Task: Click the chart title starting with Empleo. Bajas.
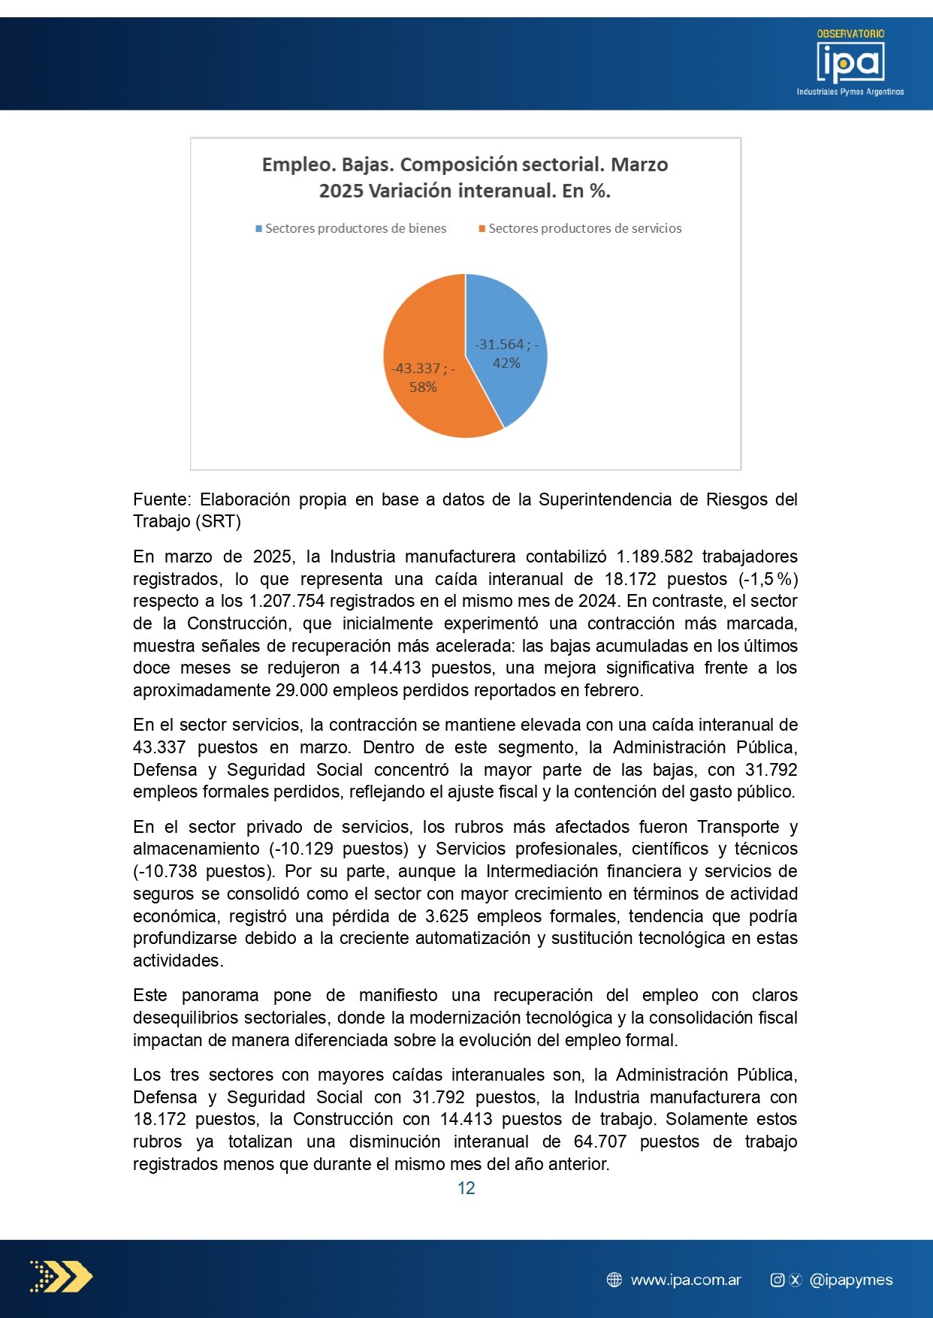coord(465,177)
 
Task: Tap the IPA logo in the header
coord(850,63)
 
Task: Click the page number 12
coord(466,1188)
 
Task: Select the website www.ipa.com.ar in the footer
coord(686,1280)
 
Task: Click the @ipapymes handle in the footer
coord(851,1280)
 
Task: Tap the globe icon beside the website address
coord(614,1280)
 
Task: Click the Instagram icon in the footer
coord(777,1280)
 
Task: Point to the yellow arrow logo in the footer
coord(62,1277)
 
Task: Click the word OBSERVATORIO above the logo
coord(850,34)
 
